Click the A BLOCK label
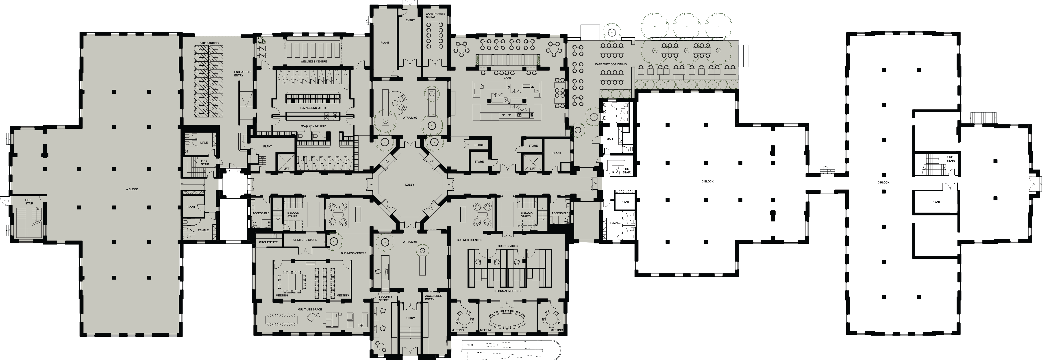coord(132,189)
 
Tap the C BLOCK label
coord(707,182)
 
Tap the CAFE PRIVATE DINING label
coord(436,15)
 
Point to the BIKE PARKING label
coord(209,43)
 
